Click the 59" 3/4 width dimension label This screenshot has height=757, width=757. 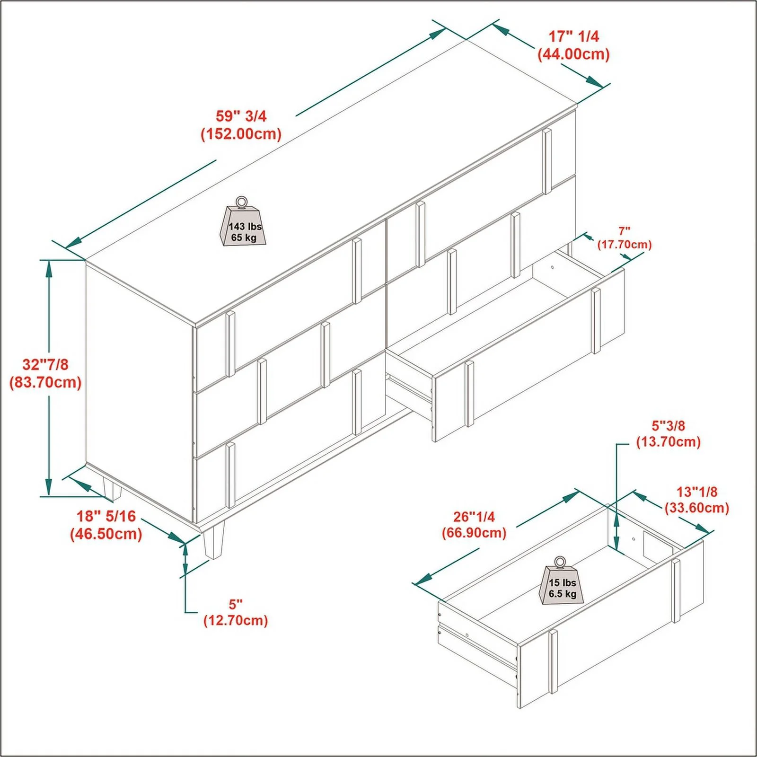click(x=241, y=116)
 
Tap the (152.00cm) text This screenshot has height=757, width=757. click(x=241, y=134)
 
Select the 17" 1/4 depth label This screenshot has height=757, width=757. click(x=574, y=36)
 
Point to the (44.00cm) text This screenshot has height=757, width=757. click(x=574, y=54)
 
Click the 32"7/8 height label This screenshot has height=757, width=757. click(x=45, y=364)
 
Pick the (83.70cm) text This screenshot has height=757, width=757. click(x=45, y=382)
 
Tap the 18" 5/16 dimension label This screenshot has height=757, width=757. click(x=106, y=516)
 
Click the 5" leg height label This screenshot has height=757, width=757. click(x=236, y=604)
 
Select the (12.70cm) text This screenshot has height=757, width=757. click(x=236, y=620)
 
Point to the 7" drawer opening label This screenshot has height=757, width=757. click(x=625, y=231)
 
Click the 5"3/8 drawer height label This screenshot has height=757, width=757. click(x=669, y=426)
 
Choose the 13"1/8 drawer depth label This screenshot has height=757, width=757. click(x=697, y=492)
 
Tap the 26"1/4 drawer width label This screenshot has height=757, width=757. click(x=474, y=517)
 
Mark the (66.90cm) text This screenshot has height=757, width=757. click(x=474, y=533)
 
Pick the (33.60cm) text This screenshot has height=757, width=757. click(x=697, y=508)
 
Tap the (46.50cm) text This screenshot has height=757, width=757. click(x=106, y=534)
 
